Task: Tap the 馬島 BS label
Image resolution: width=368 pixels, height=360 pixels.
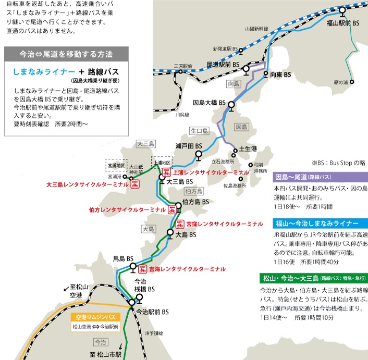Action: (123, 258)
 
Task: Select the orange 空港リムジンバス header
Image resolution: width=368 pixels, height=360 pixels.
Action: (94, 317)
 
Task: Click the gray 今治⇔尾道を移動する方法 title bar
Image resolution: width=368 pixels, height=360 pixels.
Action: (65, 53)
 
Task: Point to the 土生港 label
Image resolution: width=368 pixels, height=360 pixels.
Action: (248, 149)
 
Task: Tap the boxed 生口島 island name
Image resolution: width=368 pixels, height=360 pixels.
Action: (199, 131)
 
